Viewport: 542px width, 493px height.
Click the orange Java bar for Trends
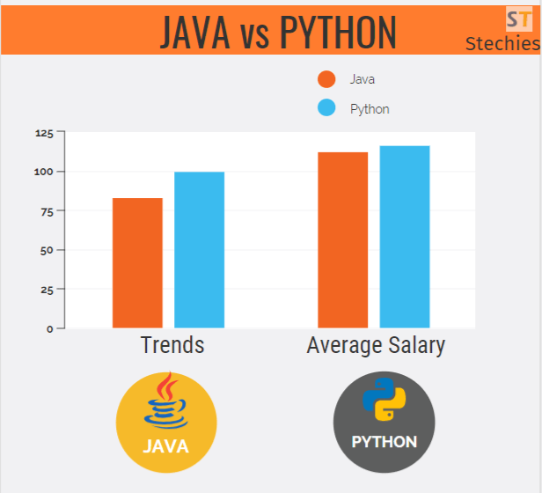pos(137,262)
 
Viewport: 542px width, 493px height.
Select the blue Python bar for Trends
pos(199,250)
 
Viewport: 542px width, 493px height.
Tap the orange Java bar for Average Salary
pos(342,239)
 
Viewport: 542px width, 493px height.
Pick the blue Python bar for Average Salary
pos(405,237)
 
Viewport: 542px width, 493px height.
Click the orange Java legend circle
pos(326,79)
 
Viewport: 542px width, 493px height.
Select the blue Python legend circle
pos(326,108)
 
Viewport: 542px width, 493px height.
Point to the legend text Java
pos(363,79)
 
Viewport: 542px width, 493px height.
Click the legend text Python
pos(370,109)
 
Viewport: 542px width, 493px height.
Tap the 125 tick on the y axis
pos(44,133)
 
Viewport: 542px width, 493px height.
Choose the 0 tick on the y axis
pos(50,328)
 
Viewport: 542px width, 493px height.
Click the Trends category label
pos(172,345)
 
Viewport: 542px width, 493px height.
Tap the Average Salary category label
pos(376,345)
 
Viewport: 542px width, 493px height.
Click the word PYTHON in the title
pos(338,32)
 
